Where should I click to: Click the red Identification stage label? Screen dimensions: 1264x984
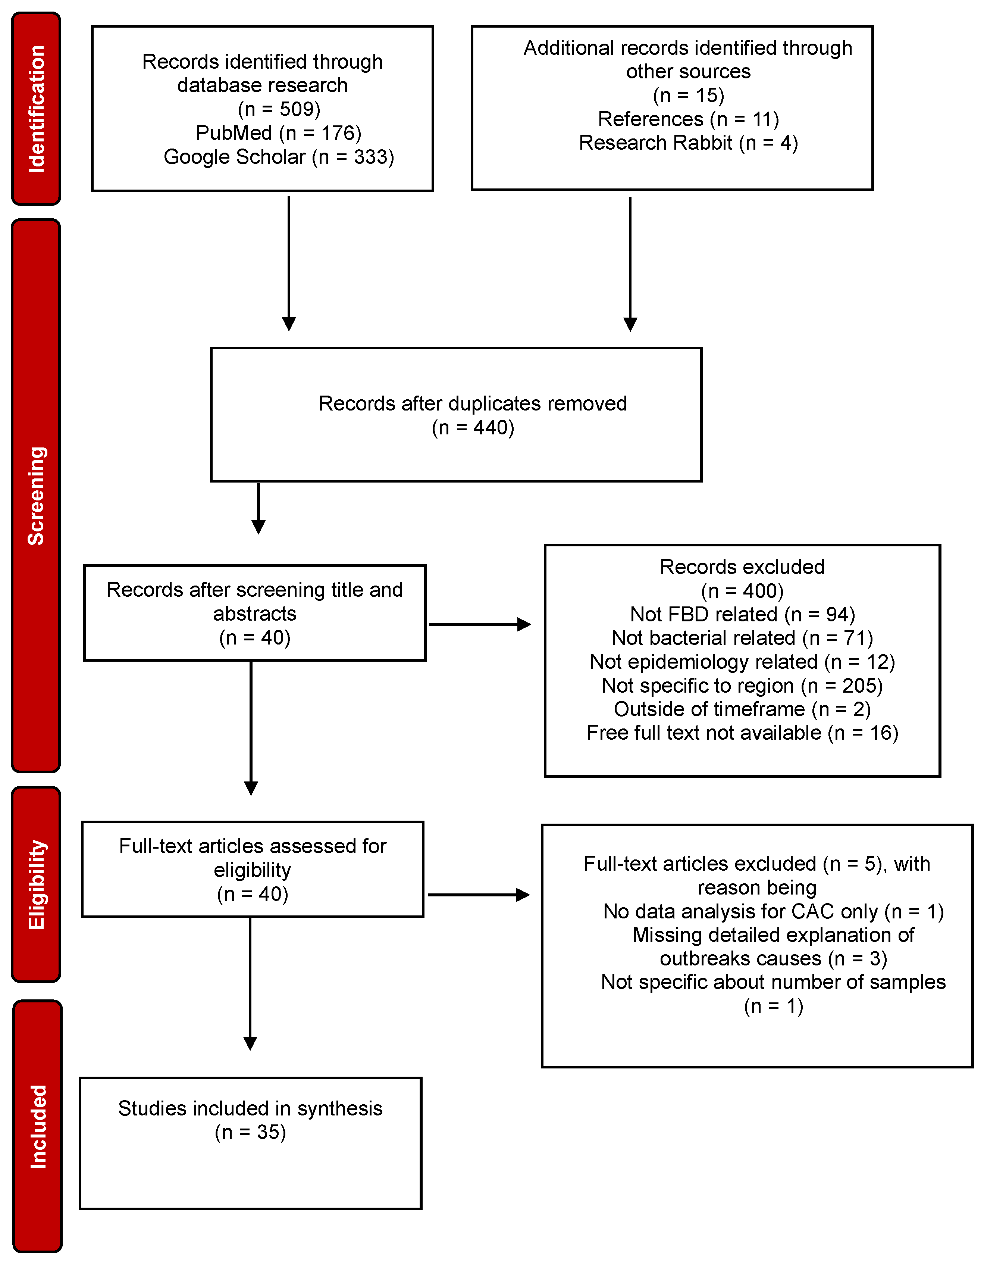(x=36, y=109)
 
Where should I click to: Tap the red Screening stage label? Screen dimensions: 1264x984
(x=36, y=496)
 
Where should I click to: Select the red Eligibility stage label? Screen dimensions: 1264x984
(x=36, y=884)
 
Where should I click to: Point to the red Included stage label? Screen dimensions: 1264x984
(x=37, y=1126)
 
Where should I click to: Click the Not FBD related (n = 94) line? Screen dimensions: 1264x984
(x=742, y=614)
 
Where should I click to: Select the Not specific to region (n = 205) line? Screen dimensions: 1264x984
(x=742, y=685)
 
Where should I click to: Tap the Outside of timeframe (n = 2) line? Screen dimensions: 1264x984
(x=742, y=709)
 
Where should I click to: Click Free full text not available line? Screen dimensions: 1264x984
(x=742, y=733)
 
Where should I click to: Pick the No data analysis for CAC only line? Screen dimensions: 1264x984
(x=773, y=912)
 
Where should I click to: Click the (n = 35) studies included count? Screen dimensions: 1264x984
(x=251, y=1132)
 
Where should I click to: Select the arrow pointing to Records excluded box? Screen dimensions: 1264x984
(x=480, y=624)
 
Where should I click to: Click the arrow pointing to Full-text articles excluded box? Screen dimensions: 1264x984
(x=479, y=895)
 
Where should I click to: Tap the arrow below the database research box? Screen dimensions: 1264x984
(x=289, y=263)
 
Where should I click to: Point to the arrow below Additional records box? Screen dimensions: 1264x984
(x=630, y=263)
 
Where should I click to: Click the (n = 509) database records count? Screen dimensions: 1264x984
(x=279, y=109)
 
